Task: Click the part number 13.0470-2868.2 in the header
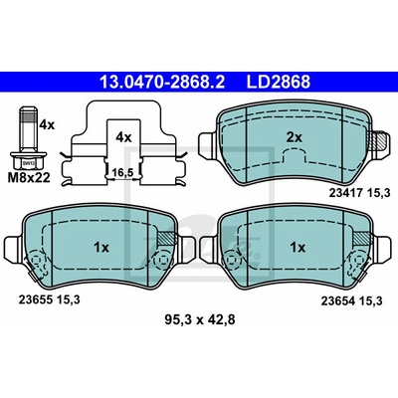[162, 82]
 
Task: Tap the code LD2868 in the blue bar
[278, 82]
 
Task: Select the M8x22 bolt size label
[29, 178]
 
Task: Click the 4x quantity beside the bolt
[46, 125]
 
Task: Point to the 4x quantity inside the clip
[123, 136]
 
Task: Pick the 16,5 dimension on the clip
[122, 172]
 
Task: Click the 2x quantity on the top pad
[295, 137]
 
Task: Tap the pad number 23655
[35, 300]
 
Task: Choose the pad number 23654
[336, 301]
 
